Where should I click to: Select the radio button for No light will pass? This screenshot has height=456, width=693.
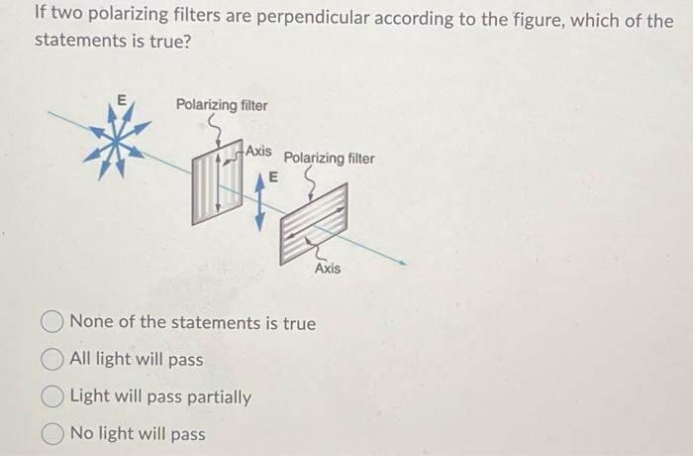pos(54,434)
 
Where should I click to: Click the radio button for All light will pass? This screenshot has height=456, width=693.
pos(54,361)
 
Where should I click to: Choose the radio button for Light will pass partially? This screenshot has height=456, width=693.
pos(54,398)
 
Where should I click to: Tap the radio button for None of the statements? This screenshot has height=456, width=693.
pos(54,324)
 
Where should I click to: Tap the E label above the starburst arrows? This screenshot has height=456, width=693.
pos(121,99)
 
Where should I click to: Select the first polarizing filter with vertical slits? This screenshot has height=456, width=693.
pos(218,182)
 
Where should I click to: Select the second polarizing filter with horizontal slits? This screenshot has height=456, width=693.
pos(314,224)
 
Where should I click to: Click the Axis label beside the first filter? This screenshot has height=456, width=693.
pos(258,151)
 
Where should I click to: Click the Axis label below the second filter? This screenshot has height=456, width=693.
pos(328,269)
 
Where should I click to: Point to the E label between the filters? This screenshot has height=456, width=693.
pos(273,175)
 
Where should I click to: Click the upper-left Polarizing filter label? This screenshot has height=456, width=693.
pos(222,105)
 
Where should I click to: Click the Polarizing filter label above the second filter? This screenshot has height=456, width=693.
pos(330,158)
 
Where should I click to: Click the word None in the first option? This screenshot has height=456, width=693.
pos(91,324)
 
